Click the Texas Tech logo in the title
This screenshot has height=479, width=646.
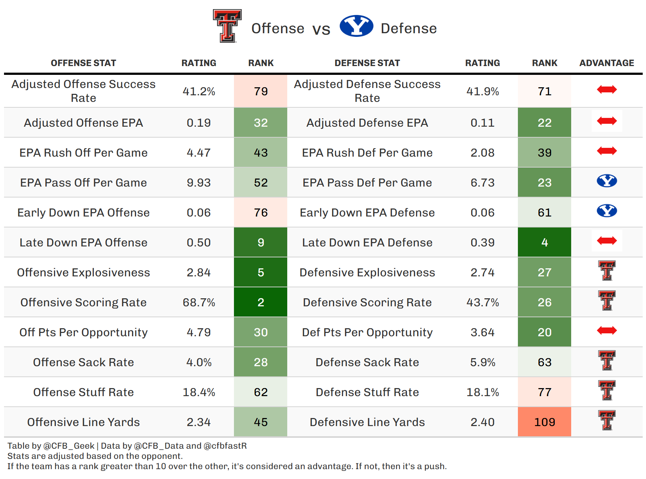coord(227,26)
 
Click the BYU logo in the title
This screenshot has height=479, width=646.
coord(356,26)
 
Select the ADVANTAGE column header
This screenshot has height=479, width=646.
coord(607,63)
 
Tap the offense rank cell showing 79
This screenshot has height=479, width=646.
coord(261,91)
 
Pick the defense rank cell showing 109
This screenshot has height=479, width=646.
coord(544,422)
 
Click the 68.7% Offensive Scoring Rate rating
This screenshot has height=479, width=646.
coord(199,302)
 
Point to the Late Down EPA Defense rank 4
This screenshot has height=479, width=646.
coord(544,242)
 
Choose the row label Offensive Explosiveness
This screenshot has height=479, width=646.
coord(84,272)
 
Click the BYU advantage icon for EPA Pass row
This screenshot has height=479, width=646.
coord(607,181)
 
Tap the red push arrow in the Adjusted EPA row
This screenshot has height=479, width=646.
coord(607,121)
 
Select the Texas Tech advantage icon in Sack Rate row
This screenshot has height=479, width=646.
coord(607,360)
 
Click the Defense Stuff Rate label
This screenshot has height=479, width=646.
coord(367,392)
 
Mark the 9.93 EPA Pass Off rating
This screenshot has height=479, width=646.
coord(199,183)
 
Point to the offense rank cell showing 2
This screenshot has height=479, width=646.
coord(261,302)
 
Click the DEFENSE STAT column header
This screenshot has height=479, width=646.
coord(367,63)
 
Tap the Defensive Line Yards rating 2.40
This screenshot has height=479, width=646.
coord(482,422)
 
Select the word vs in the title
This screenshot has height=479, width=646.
coord(321,29)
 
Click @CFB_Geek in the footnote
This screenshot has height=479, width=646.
coord(69,446)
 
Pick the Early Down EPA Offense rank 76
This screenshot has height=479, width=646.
coord(261,212)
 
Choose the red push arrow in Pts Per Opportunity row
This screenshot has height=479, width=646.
coord(607,330)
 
